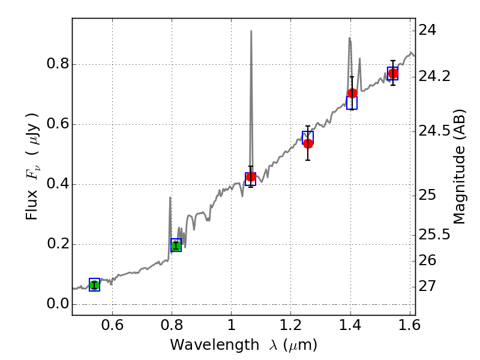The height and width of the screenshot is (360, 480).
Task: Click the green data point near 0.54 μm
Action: point(94,285)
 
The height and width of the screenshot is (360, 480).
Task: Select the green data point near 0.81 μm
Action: point(176,245)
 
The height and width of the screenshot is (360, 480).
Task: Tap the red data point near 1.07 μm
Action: point(251,177)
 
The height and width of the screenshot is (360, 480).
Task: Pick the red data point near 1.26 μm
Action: point(308,143)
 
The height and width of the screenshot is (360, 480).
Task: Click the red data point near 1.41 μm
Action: point(352,93)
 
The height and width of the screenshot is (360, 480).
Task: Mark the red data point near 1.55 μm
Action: point(393,73)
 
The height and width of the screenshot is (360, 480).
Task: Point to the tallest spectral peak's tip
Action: point(251,31)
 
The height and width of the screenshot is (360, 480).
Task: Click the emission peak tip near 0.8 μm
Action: point(170,197)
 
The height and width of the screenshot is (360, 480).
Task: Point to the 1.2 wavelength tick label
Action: point(291,328)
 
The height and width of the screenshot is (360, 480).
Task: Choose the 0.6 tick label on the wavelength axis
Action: point(112,328)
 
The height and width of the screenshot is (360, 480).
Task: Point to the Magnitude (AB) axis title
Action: point(460,166)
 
